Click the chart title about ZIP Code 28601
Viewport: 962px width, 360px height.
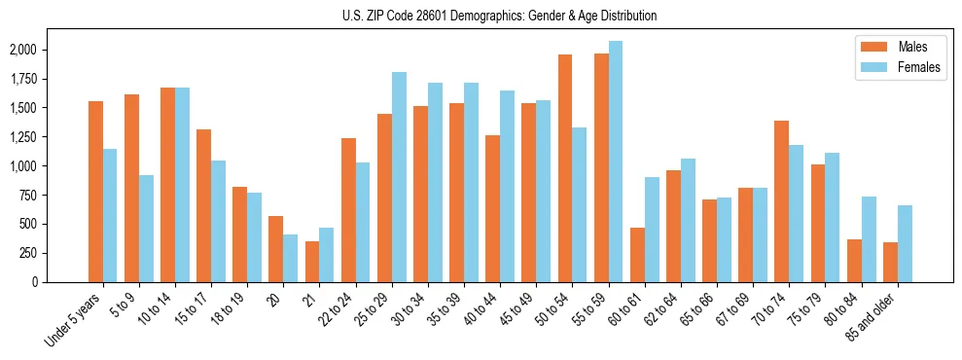(500, 16)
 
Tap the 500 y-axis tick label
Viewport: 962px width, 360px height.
(27, 224)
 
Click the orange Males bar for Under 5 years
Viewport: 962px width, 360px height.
(95, 192)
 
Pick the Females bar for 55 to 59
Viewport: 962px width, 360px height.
(615, 162)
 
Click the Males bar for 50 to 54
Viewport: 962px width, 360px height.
(565, 168)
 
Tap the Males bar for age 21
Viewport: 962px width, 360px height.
(312, 262)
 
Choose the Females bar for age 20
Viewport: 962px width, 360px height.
(290, 258)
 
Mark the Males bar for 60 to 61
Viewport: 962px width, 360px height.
(637, 255)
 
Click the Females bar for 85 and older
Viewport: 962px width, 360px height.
(905, 244)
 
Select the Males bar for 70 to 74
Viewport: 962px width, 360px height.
(781, 201)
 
